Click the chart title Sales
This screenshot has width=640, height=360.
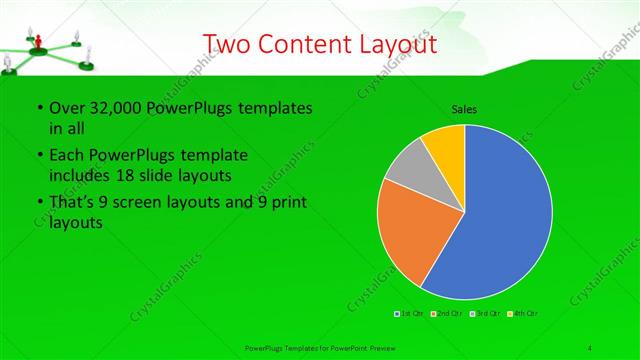[x=464, y=109]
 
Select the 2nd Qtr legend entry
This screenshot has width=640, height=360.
[x=446, y=314]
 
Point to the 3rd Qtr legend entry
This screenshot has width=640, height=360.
[x=484, y=314]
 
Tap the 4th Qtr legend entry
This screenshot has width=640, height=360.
[x=522, y=314]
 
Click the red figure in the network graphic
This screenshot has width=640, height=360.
[x=38, y=41]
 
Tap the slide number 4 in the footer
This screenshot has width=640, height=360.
[x=590, y=347]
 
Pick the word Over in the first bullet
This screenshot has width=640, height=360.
[x=67, y=108]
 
